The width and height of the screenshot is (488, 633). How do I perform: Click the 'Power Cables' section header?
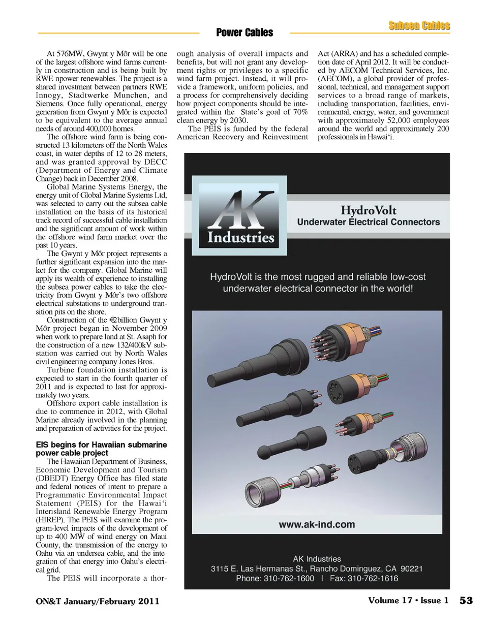coord(244,33)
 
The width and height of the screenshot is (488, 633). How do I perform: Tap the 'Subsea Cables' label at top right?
coord(419,26)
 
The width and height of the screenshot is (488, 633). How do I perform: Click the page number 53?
coord(466,600)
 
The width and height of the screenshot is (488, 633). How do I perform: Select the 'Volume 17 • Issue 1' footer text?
coord(408,600)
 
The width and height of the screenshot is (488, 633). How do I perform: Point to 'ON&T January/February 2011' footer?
coord(98,602)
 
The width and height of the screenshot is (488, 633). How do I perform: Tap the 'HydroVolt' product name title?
coord(368,210)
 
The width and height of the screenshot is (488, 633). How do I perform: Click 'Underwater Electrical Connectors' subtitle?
coord(368,222)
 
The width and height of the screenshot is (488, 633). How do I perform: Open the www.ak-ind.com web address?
coord(316,524)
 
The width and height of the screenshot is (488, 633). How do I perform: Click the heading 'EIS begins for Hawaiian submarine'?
coord(101,445)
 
